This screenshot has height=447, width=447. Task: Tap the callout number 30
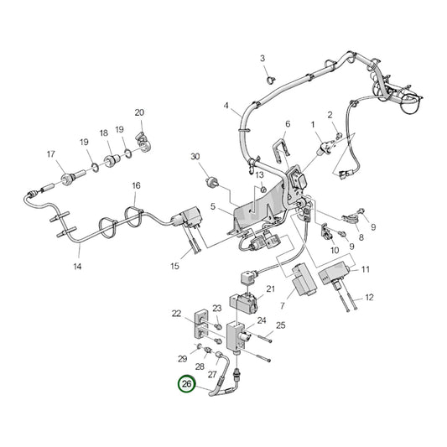coord(195,157)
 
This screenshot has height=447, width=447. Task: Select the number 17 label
coord(50,153)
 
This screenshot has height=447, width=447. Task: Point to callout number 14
coord(77,267)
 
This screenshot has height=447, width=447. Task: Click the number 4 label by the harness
coord(226,106)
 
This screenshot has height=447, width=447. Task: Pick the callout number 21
coord(270,289)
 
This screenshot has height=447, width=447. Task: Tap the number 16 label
coord(136,185)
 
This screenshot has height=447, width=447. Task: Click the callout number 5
coord(213,205)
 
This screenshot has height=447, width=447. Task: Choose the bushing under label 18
coord(111,159)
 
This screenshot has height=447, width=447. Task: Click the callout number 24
coord(262,320)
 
